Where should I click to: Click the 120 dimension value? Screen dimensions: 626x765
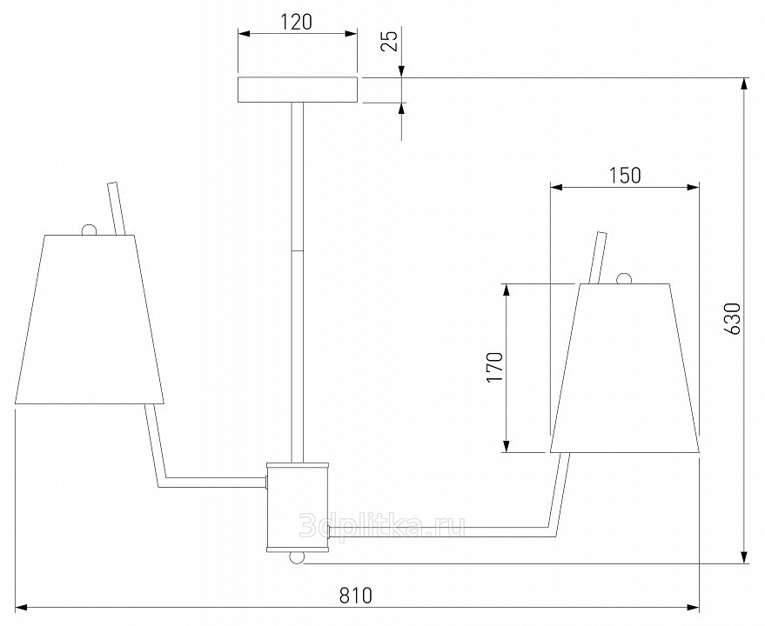(297, 22)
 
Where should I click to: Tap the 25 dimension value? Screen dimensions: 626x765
(391, 41)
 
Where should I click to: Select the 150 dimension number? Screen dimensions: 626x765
(624, 175)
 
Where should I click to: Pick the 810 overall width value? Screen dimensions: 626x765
(356, 596)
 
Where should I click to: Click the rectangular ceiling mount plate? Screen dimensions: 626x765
(298, 90)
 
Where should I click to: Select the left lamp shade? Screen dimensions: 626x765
(91, 318)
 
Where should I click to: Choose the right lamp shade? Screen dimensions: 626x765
(625, 368)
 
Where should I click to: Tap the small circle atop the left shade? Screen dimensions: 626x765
(88, 230)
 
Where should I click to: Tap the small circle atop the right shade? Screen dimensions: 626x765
(623, 279)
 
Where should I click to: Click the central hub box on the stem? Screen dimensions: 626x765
(298, 508)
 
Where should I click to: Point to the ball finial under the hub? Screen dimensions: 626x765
(298, 557)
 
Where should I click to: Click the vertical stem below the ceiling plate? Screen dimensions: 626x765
(298, 174)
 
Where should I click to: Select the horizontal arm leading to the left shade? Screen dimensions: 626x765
(214, 479)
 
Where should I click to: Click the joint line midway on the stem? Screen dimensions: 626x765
(298, 251)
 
